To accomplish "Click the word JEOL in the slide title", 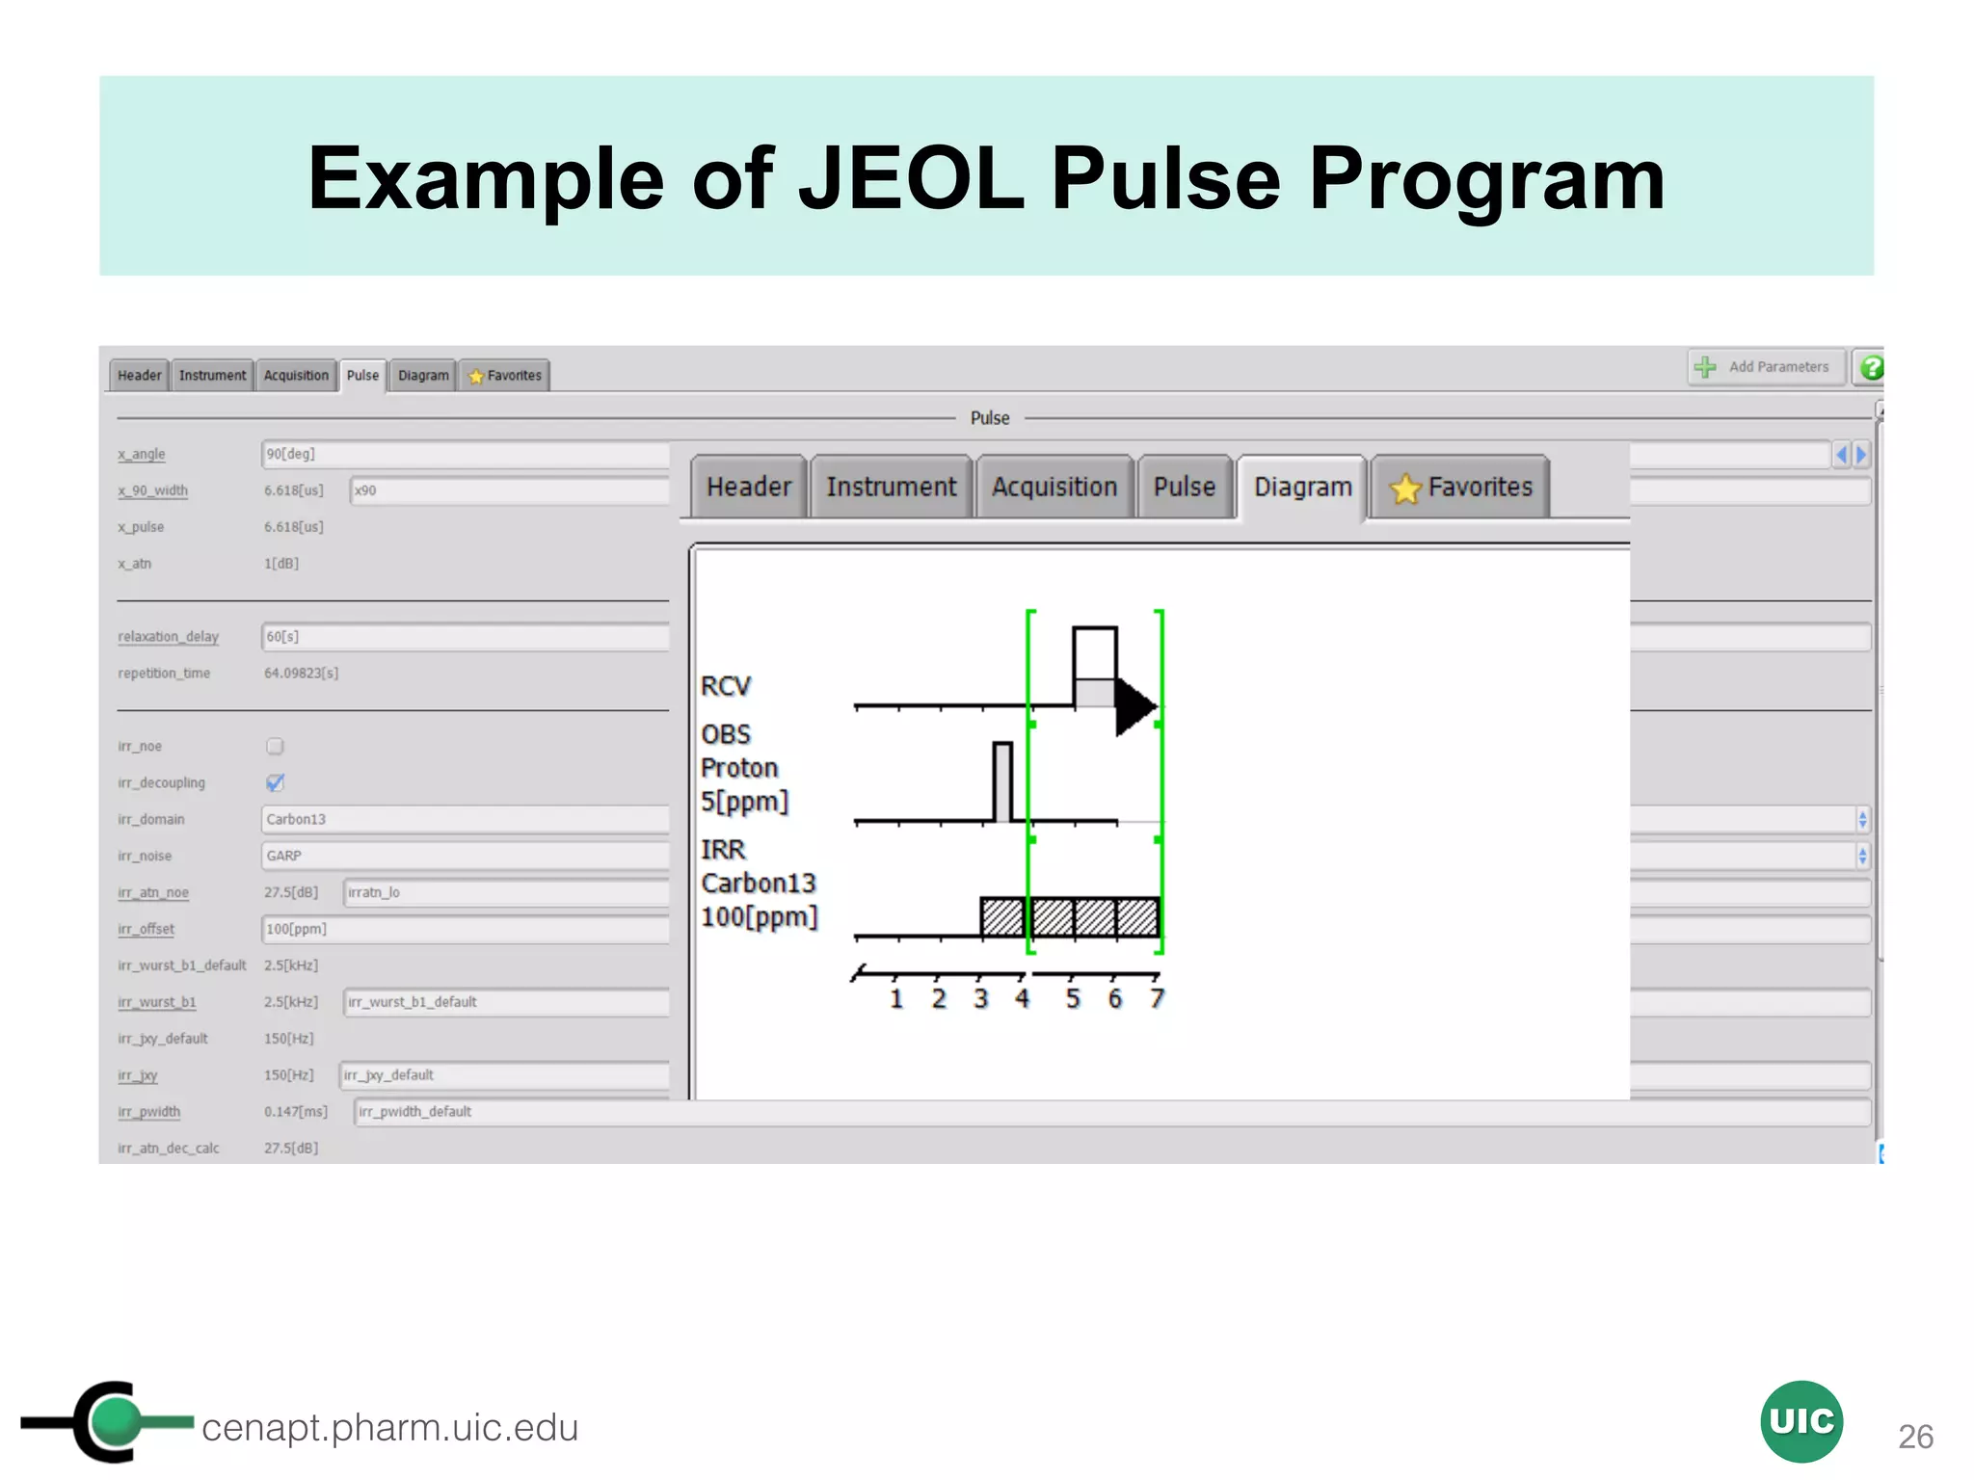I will click(911, 178).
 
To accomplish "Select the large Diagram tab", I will click(1302, 488).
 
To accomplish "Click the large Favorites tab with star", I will click(1461, 488).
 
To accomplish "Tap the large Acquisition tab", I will click(1054, 488).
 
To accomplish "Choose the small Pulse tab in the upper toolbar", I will click(362, 376).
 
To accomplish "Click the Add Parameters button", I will click(1766, 367).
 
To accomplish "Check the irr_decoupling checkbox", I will click(275, 782).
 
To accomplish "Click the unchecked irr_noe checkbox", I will click(275, 746).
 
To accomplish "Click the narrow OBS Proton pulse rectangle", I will click(1002, 781).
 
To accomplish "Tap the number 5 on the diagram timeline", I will click(1073, 999).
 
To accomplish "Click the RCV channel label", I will click(725, 687).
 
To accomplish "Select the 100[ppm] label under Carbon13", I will click(759, 917).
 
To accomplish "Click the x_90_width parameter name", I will click(152, 490).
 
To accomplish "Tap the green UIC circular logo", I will click(1801, 1421).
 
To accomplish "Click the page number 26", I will click(1915, 1437).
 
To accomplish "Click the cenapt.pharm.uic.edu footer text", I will click(389, 1428).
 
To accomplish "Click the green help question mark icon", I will click(1871, 368).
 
